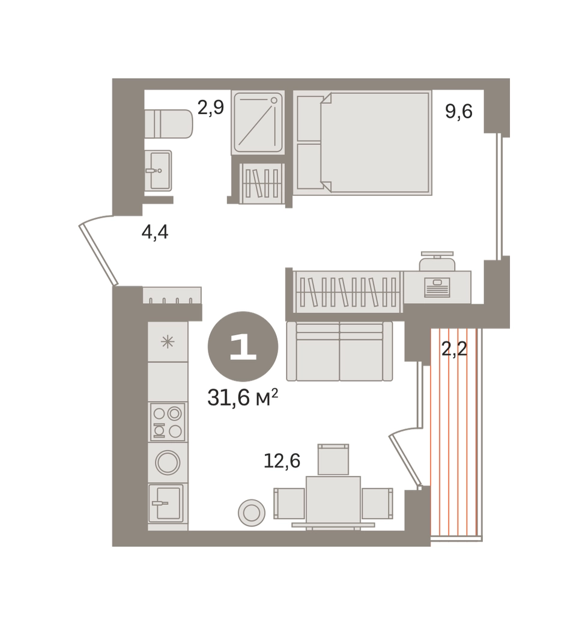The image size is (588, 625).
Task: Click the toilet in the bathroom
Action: pos(169,124)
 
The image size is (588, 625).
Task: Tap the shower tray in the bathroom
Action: pos(258,123)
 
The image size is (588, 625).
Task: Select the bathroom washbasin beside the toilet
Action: pos(158,171)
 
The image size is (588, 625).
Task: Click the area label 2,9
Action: pos(211,107)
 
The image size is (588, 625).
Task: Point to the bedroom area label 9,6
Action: pos(458,111)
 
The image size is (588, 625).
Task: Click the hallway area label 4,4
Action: pos(155,231)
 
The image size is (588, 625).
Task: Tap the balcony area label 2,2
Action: pos(454,350)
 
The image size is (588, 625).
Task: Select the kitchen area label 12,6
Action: pos(282,461)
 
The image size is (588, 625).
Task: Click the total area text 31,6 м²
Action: pos(243,397)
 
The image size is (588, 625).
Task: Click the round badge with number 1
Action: pos(243,346)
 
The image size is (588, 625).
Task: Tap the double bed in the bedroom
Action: pos(363,143)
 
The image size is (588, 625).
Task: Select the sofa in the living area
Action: pos(339,351)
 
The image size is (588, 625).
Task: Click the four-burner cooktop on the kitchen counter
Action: pos(168,422)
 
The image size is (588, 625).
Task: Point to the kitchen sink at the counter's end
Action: pos(166,503)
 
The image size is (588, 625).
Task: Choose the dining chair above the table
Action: pos(333,459)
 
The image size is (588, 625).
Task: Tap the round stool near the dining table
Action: pos(252,513)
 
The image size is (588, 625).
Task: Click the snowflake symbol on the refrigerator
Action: pos(168,342)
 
